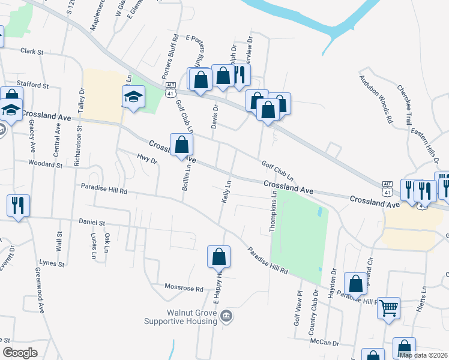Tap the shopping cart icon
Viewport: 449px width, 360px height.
tap(389, 308)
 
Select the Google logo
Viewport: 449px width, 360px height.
tap(19, 353)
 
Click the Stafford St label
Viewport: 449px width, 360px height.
tap(34, 86)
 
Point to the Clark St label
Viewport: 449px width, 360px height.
tap(32, 52)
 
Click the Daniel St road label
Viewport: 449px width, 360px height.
tap(92, 223)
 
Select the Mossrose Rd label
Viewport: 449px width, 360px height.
tap(184, 289)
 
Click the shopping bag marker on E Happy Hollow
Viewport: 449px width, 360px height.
tap(218, 257)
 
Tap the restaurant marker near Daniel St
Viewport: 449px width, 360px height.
tap(17, 206)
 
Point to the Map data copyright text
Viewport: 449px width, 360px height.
tap(423, 355)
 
